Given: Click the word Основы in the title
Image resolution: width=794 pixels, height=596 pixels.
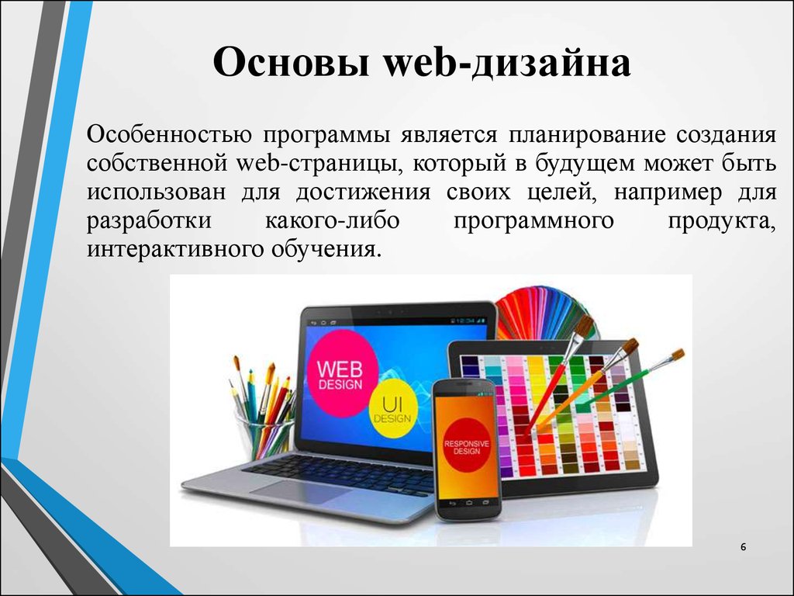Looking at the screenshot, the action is pos(291,62).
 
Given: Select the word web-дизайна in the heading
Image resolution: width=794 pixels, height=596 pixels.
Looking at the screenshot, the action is pos(507,62).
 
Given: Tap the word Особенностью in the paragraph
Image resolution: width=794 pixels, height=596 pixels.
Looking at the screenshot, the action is pos(169,135).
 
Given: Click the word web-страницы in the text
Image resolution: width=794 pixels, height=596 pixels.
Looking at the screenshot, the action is pos(319,164).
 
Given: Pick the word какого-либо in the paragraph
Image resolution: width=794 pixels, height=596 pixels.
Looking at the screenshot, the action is pos(332,221).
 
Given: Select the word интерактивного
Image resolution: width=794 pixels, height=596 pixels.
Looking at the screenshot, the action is pos(175,250).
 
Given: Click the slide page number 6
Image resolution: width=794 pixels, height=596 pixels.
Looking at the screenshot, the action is pos(743,547).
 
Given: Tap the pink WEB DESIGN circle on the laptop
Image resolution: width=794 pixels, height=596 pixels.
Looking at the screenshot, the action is pos(342,372).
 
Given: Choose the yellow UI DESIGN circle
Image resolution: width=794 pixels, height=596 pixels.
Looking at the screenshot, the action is pos(393,410).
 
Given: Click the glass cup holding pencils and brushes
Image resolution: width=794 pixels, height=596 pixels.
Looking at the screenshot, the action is pos(264,436).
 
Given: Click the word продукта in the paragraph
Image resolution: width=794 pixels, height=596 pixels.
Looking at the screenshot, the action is pos(722,222).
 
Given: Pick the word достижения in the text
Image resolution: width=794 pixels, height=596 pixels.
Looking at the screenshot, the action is pos(363,193).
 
